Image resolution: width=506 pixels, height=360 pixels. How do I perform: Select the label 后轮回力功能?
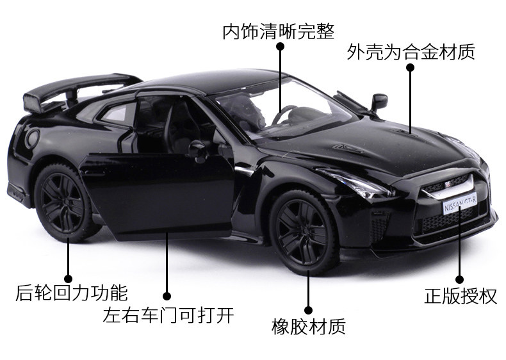(x=71, y=293)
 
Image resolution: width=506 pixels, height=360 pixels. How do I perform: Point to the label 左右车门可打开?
(x=168, y=315)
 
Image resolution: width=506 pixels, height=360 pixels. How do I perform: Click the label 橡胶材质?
(x=308, y=327)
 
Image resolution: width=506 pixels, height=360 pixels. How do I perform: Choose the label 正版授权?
(x=460, y=297)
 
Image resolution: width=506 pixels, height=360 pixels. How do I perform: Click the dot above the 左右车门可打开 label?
(x=167, y=296)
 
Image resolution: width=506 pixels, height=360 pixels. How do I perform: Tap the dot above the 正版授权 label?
(x=459, y=279)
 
